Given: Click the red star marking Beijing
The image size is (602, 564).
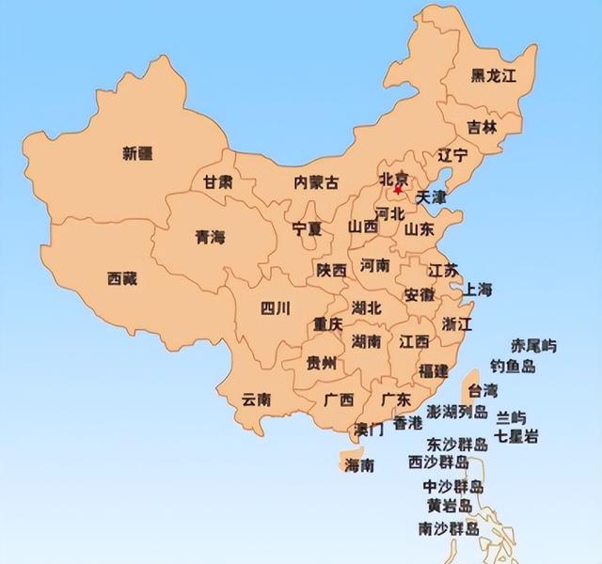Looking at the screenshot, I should click(397, 190).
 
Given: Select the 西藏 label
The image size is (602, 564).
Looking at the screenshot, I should click(122, 278).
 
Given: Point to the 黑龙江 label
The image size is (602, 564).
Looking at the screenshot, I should click(494, 77).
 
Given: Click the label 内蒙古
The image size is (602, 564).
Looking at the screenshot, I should click(317, 181).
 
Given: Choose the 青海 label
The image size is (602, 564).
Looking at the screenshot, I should click(211, 237).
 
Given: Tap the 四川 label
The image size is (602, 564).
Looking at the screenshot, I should click(276, 307).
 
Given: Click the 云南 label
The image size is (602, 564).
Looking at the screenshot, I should click(256, 399).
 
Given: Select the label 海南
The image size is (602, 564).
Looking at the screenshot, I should click(359, 465).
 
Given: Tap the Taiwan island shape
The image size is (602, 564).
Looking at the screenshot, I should click(464, 384).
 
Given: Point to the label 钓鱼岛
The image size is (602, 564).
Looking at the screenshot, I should click(513, 367).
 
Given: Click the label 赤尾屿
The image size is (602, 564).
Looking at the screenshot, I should click(533, 347).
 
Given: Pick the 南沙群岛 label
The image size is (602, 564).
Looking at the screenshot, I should click(450, 529).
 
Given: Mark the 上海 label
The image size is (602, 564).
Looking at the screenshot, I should click(478, 290).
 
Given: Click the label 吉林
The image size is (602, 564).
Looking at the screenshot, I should click(483, 128).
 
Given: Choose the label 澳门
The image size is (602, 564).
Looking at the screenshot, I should click(368, 430).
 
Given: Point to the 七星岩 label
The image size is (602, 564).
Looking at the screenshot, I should click(517, 436).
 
